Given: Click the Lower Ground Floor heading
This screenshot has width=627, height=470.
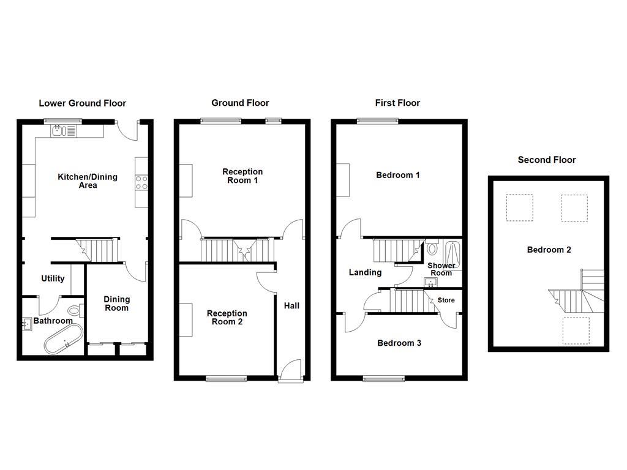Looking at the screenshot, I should (82, 103).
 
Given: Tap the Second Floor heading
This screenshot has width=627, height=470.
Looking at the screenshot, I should (547, 160).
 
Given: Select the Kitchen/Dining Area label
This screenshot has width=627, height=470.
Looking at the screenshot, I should (88, 181).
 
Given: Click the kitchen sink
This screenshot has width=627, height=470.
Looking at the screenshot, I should (59, 130).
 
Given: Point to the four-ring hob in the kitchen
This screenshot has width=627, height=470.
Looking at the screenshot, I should (141, 182).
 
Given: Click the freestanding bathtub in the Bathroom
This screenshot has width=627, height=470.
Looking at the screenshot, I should (63, 338).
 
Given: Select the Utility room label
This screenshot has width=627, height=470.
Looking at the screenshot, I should (53, 278).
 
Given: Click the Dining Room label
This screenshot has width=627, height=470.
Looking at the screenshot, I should (116, 304).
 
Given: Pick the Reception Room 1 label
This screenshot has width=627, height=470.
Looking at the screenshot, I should (242, 176).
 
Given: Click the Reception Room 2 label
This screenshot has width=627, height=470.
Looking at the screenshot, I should (227, 318).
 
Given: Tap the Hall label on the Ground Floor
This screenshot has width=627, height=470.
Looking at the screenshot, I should (291, 305).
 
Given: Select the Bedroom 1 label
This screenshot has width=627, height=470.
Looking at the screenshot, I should (398, 175).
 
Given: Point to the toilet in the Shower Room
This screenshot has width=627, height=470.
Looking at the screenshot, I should (433, 248).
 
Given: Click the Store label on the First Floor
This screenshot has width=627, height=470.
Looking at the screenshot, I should (446, 300).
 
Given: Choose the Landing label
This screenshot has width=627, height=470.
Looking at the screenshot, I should (365, 272).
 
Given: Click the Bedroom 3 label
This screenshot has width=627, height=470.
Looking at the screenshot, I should (399, 343).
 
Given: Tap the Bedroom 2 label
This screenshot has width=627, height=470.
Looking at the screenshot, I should (549, 250).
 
